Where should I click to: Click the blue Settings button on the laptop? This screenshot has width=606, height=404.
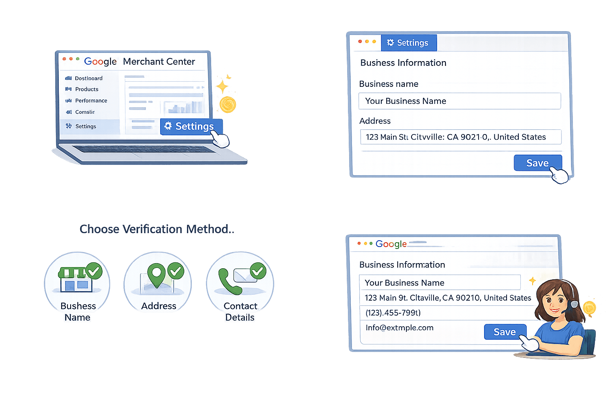pyautogui.click(x=192, y=126)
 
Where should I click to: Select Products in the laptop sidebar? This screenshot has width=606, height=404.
pyautogui.click(x=86, y=89)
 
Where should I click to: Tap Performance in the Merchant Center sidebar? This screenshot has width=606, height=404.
pyautogui.click(x=91, y=101)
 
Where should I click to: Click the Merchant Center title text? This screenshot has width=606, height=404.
pyautogui.click(x=159, y=62)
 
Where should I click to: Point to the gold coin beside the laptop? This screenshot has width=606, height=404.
pyautogui.click(x=228, y=105)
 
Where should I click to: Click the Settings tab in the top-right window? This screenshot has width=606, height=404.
pyautogui.click(x=409, y=43)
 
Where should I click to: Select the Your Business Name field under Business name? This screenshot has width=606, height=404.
pyautogui.click(x=459, y=101)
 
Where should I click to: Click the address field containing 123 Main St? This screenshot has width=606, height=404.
pyautogui.click(x=460, y=137)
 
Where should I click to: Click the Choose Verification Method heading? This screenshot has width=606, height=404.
pyautogui.click(x=157, y=229)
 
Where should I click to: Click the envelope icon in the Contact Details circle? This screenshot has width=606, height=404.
pyautogui.click(x=245, y=275)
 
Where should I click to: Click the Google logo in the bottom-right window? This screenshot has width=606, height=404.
pyautogui.click(x=391, y=244)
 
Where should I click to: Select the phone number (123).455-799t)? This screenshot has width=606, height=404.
pyautogui.click(x=393, y=313)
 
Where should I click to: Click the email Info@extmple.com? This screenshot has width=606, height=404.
pyautogui.click(x=399, y=328)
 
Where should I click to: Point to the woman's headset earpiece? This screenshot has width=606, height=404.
pyautogui.click(x=574, y=304)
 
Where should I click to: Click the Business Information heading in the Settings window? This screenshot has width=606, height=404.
pyautogui.click(x=403, y=63)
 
